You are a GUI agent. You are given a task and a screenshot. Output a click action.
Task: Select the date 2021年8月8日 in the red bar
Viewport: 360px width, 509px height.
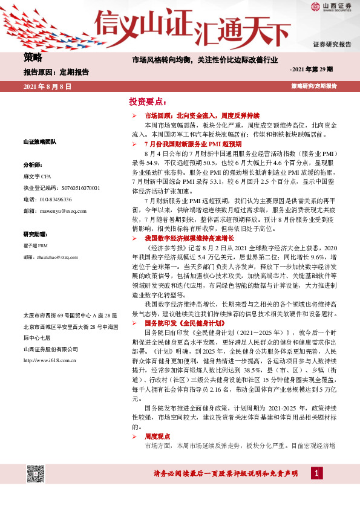click(47, 86)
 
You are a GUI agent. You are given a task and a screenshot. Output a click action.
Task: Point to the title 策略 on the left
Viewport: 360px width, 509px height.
click(33, 58)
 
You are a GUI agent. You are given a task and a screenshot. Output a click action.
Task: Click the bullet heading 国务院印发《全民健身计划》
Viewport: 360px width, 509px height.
click(178, 323)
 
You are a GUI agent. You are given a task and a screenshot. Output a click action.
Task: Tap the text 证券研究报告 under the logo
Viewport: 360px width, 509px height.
click(332, 45)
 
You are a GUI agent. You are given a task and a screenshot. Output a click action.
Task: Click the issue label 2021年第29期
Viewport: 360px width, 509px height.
click(312, 70)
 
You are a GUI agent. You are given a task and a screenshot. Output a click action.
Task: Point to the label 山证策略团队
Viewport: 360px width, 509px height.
click(39, 141)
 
